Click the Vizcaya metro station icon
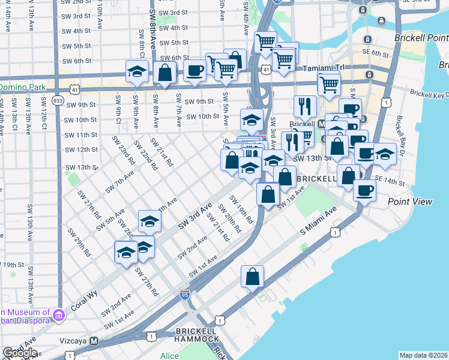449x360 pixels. point(94,340)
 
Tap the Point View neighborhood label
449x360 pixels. point(410,202)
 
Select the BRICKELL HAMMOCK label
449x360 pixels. point(197,335)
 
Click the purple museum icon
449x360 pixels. point(58,314)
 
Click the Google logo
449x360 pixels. point(19,353)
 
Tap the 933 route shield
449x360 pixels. point(58,100)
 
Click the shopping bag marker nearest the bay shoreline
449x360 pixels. point(253,276)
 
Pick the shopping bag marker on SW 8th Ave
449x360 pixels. point(164,72)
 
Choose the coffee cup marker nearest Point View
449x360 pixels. point(364,191)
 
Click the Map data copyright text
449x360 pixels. point(423,355)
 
